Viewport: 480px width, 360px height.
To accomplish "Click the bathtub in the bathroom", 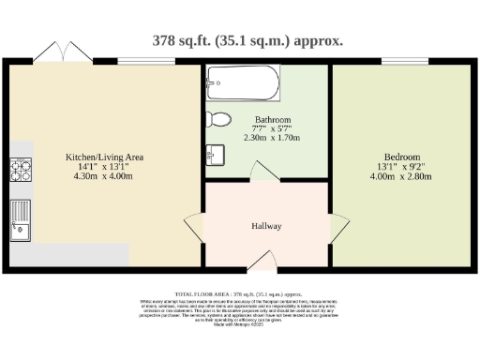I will point(243,84).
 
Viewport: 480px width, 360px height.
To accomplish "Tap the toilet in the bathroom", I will point(218,119).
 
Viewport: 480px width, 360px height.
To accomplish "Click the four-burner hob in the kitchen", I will point(20,170).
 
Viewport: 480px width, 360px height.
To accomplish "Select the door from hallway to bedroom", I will point(336,226).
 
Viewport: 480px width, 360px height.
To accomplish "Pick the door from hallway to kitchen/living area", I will point(194,226).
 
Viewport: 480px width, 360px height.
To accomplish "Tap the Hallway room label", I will point(266,227).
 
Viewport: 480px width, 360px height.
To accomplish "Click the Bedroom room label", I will point(401,157).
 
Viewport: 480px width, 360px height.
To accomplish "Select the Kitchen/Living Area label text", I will point(103,157).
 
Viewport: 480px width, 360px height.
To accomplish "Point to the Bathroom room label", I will point(273,120).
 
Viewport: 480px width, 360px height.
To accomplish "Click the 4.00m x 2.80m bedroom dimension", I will point(401,176).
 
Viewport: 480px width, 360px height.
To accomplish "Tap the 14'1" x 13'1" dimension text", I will point(103,166).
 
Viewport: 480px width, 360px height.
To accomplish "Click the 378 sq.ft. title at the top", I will point(247,40).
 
